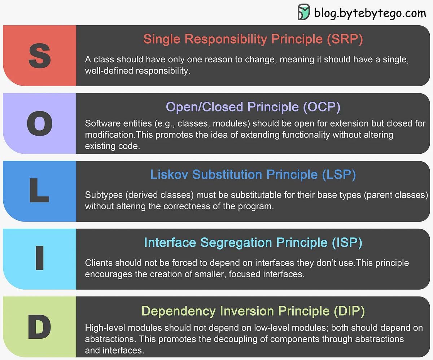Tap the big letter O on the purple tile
(x=40, y=124)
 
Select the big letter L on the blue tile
(x=39, y=192)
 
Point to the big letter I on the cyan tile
(x=40, y=259)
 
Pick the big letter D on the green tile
(x=39, y=327)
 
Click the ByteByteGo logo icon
(x=303, y=12)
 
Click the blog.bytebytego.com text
(x=370, y=13)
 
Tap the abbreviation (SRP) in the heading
(x=345, y=39)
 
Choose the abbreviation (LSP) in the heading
(x=338, y=175)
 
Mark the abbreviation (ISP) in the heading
(x=347, y=242)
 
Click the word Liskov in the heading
(x=170, y=175)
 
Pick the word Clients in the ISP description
(x=99, y=263)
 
